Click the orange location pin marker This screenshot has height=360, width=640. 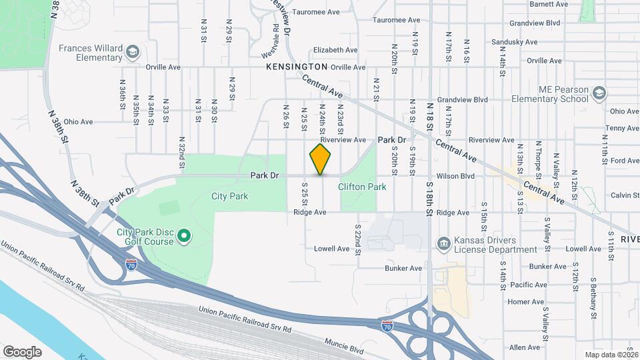pyautogui.click(x=321, y=159)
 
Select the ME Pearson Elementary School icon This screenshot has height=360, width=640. pyautogui.click(x=599, y=93)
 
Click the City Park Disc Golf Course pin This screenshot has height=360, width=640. pyautogui.click(x=186, y=237)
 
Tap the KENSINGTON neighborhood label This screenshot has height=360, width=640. pyautogui.click(x=297, y=67)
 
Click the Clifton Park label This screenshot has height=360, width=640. pyautogui.click(x=362, y=187)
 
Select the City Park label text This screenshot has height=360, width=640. pyautogui.click(x=229, y=196)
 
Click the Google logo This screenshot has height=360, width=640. pyautogui.click(x=22, y=351)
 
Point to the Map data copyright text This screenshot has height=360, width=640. pyautogui.click(x=611, y=355)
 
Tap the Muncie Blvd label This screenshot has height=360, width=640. pyautogui.click(x=345, y=349)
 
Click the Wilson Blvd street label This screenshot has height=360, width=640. pyautogui.click(x=455, y=176)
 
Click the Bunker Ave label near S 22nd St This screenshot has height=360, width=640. pyautogui.click(x=403, y=268)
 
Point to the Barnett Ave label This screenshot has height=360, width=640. pyautogui.click(x=549, y=4)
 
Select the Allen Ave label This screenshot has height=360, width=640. pyautogui.click(x=524, y=347)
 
